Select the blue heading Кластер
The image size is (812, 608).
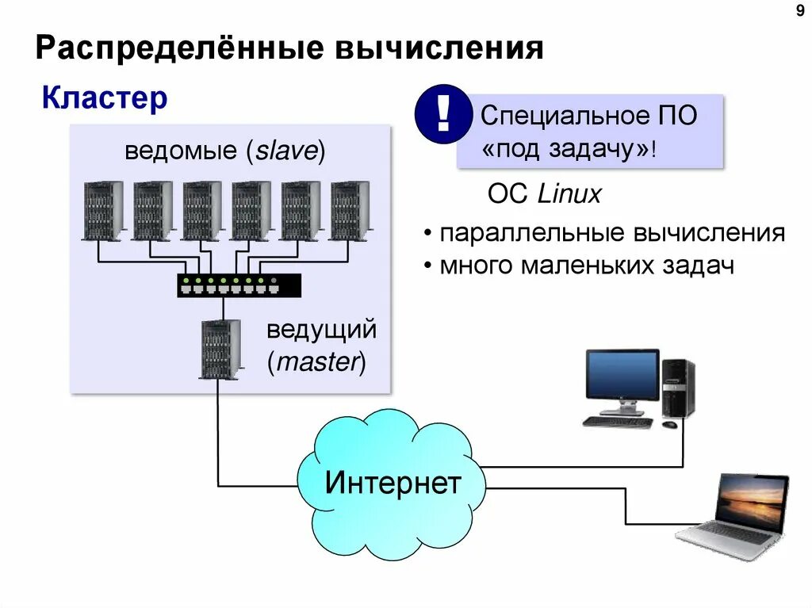105,99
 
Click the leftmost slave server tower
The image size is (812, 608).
103,210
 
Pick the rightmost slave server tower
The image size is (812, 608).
350,210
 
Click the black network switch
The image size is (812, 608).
239,285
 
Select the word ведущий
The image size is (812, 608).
321,331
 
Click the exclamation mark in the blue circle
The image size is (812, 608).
442,116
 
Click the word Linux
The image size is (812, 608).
569,194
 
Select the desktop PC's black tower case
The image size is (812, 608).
679,388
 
